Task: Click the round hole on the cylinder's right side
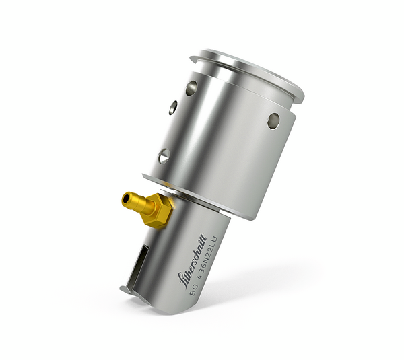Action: [x=273, y=120]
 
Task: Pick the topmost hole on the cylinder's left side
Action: [x=192, y=87]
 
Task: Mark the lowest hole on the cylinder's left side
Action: [x=164, y=156]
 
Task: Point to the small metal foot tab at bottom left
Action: [x=126, y=290]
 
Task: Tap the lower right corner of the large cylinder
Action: [x=255, y=215]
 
